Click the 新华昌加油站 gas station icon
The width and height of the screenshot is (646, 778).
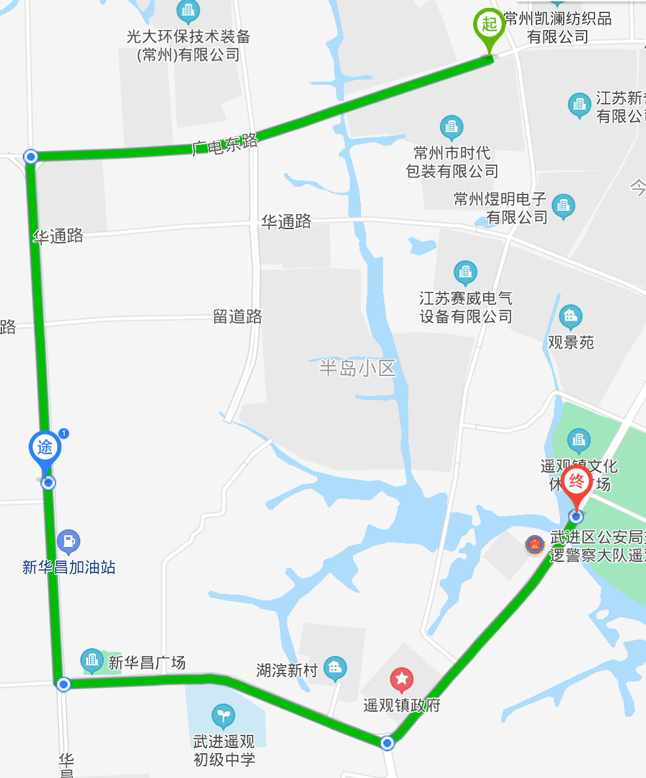68,541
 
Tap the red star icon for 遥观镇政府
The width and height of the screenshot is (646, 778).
401,681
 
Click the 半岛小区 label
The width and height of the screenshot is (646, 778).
358,368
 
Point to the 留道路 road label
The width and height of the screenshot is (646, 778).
238,317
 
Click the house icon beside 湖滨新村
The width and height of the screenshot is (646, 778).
335,668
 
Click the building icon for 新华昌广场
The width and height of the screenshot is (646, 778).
92,662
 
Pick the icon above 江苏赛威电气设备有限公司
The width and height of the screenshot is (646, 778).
465,273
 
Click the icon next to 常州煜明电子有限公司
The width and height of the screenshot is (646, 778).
563,206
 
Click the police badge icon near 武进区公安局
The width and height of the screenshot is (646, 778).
536,544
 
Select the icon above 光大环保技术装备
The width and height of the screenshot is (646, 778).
189,10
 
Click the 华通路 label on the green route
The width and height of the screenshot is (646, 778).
58,236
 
